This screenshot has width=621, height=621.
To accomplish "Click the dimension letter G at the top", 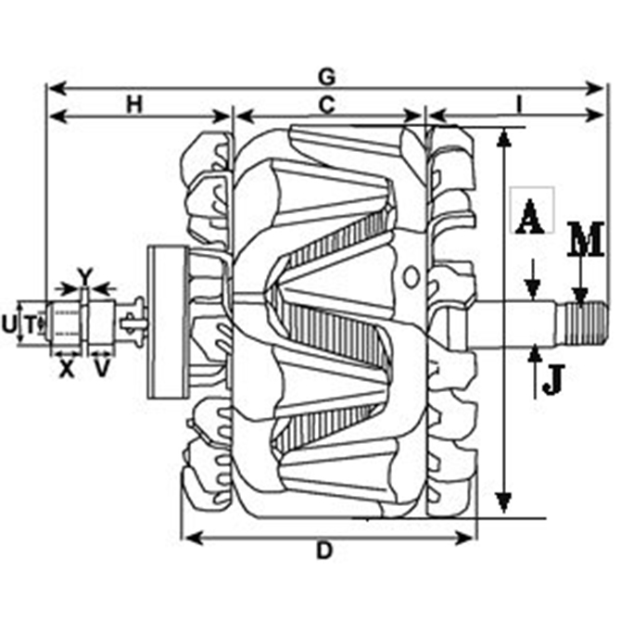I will pos(325,74).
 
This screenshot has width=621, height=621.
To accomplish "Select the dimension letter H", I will pos(135,103).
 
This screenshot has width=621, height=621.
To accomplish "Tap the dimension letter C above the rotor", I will pos(326,104).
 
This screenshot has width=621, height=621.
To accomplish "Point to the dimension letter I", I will pos(519,104).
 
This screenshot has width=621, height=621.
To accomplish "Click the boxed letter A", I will pos(530,219).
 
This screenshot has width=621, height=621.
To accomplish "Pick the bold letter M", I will pos(586,241).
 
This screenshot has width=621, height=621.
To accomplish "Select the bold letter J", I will pos(552,379).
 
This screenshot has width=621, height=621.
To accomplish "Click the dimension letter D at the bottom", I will pos(323,551).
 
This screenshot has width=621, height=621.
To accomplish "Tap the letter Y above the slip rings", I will pos(84,275).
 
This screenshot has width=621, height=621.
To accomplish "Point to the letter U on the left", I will pos(8,323).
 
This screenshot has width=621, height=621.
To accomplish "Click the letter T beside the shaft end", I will pos(30,323).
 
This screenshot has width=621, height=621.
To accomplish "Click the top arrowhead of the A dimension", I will pos(503,137).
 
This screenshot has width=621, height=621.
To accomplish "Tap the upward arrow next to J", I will pos(536,354).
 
